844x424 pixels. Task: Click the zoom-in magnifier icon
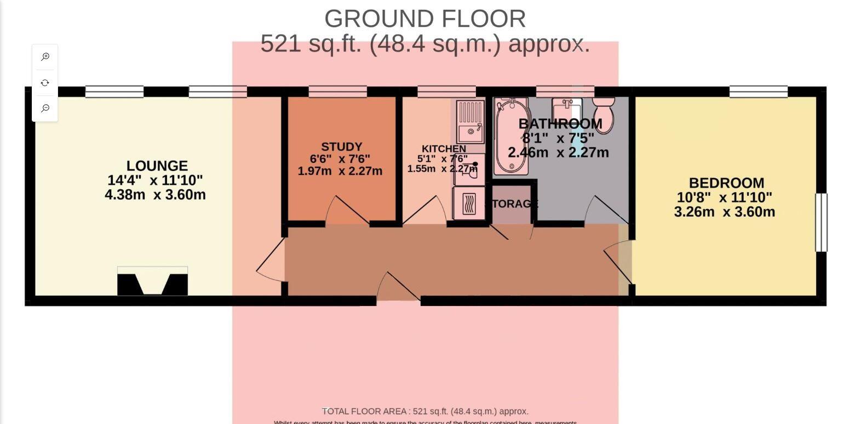[45, 57]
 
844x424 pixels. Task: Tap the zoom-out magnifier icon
[45, 108]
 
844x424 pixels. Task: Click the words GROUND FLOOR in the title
[425, 19]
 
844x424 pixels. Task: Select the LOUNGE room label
[157, 166]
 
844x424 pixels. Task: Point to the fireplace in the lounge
[152, 281]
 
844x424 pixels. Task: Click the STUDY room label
[341, 147]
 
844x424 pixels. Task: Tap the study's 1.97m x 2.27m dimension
[340, 171]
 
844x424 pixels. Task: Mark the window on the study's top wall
[337, 92]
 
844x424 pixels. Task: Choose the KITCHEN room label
[444, 149]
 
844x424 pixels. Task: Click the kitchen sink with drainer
[470, 121]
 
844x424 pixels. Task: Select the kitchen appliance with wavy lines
[469, 203]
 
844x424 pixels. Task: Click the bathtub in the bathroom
[510, 136]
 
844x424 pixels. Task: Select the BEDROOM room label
[726, 183]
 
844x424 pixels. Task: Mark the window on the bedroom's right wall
[821, 222]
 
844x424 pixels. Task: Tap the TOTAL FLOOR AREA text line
[424, 411]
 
